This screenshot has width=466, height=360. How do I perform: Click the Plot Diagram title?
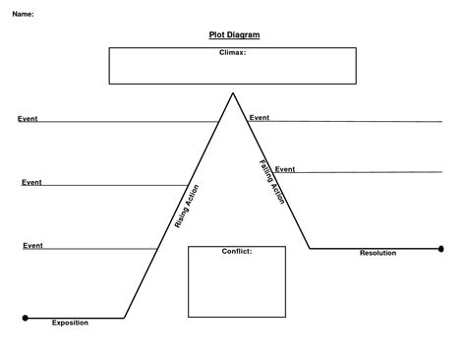(234, 34)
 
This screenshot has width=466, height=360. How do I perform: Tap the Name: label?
(23, 14)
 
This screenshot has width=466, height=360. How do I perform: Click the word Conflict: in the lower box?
(237, 251)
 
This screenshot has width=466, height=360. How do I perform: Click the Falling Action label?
(272, 182)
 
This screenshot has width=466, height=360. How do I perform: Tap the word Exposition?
(70, 323)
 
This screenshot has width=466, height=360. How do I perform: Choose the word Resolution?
(378, 253)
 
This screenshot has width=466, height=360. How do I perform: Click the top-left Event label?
(28, 118)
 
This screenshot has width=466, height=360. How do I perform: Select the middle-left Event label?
(31, 182)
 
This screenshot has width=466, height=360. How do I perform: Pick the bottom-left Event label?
(33, 244)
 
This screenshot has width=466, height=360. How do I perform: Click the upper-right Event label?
(260, 117)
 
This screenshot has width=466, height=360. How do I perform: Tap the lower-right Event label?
(285, 169)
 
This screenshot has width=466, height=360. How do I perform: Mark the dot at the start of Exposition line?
(26, 318)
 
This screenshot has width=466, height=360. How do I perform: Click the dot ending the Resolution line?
(441, 249)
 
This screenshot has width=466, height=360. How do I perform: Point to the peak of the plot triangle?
(233, 93)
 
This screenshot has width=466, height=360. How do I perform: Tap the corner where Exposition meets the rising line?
(125, 318)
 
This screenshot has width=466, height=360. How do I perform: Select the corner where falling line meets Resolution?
(310, 249)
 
